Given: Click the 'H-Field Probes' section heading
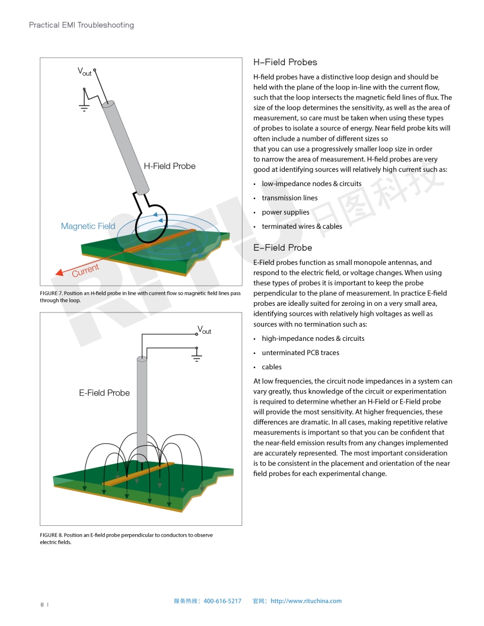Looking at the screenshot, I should [285, 62].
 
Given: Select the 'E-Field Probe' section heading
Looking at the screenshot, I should [282, 248].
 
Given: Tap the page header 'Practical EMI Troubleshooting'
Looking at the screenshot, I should [81, 25].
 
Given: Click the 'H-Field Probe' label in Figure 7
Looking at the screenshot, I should [170, 166].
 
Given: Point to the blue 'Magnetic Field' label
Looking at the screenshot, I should [88, 226].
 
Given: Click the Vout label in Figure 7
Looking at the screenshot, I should [85, 71].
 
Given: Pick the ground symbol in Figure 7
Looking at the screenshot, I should [84, 107].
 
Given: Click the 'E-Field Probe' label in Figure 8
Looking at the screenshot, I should [104, 392].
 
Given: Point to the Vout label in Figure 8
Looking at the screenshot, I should [204, 330].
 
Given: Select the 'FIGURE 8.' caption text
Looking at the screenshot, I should [51, 535].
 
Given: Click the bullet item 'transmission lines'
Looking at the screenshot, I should [289, 198].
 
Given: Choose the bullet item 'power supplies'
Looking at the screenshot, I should [285, 212].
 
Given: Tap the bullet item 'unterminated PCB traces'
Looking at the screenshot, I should [300, 353].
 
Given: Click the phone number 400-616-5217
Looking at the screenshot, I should [222, 601].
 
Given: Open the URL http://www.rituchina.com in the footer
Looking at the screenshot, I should [306, 601].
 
